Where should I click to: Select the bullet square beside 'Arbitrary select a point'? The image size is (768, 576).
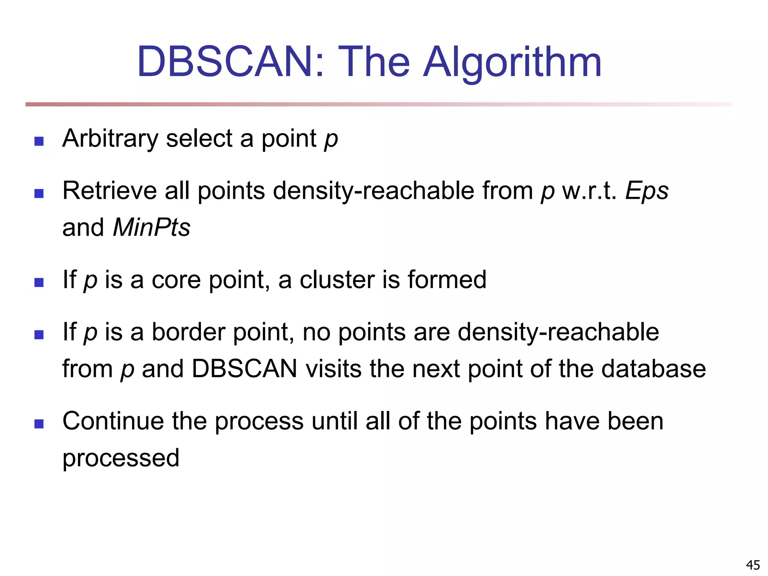pyautogui.click(x=39, y=141)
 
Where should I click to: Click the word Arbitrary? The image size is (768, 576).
pyautogui.click(x=110, y=139)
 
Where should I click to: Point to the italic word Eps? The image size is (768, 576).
pyautogui.click(x=647, y=190)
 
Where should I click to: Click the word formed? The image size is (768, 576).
pyautogui.click(x=447, y=280)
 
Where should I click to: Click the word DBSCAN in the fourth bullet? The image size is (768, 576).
pyautogui.click(x=244, y=369)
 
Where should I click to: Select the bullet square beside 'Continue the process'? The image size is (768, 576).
pyautogui.click(x=39, y=424)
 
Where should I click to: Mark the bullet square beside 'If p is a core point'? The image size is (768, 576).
pyautogui.click(x=39, y=282)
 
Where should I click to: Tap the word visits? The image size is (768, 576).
pyautogui.click(x=333, y=369)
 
